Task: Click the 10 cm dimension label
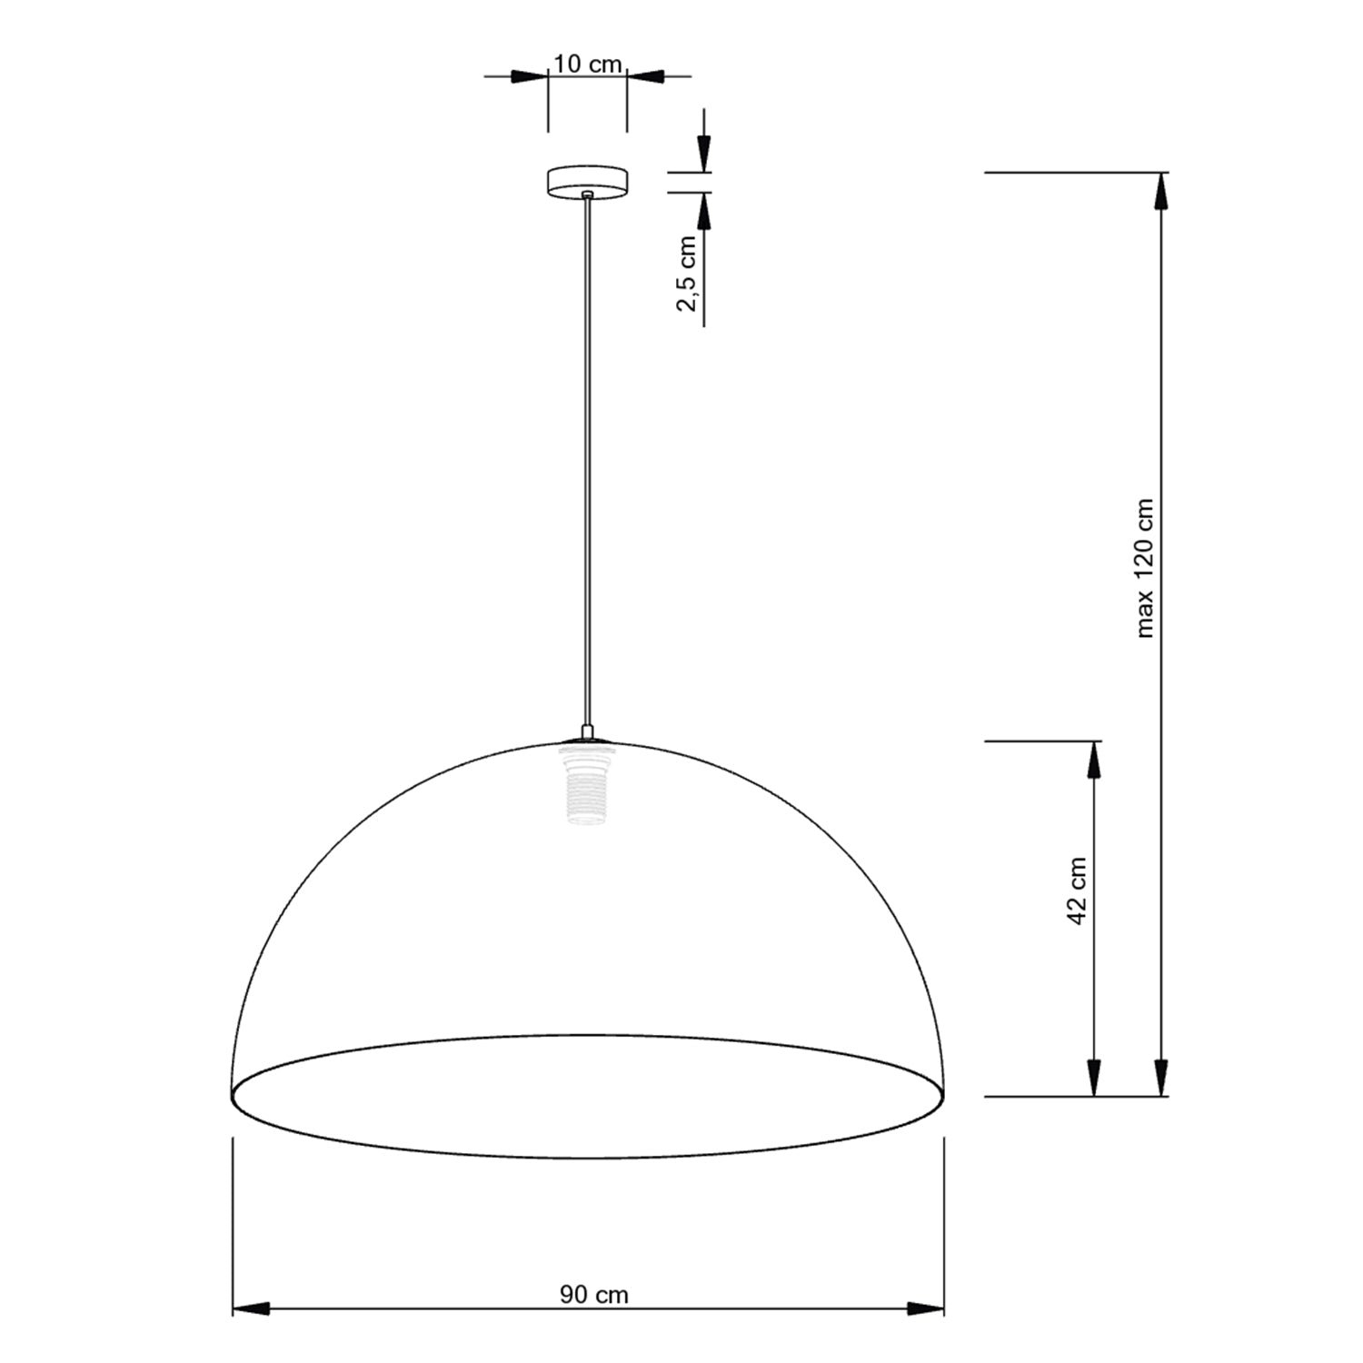588,65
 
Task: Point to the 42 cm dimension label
1078,890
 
